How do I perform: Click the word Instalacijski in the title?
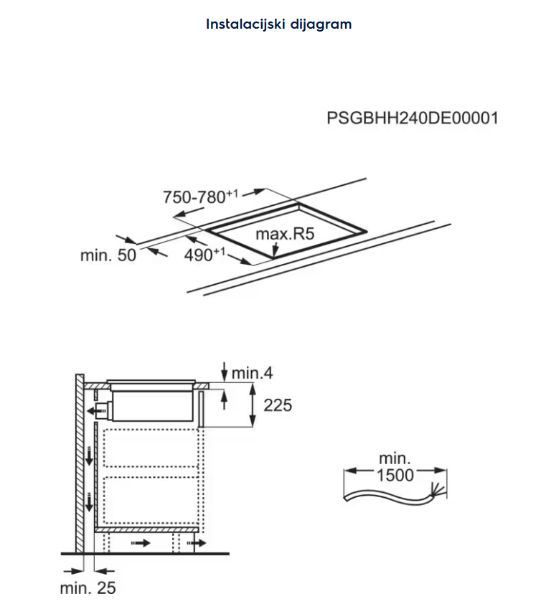click(243, 24)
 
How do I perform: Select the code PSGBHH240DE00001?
click(412, 118)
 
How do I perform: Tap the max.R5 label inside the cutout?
click(286, 234)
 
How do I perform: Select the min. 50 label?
click(108, 255)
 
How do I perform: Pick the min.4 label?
click(253, 373)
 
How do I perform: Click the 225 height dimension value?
click(278, 405)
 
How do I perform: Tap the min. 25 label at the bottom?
click(87, 589)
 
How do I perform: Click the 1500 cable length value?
click(395, 475)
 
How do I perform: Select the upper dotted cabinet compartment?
click(149, 449)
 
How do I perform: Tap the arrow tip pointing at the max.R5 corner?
click(276, 253)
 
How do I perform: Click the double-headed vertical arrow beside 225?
click(253, 405)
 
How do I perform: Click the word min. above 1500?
click(395, 458)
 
